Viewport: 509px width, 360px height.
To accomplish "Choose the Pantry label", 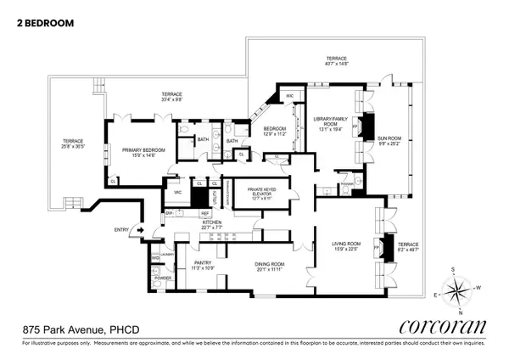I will point(203,266).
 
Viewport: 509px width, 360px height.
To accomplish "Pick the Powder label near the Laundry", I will point(161,278).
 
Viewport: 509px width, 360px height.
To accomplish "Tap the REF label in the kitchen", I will point(205,214).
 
